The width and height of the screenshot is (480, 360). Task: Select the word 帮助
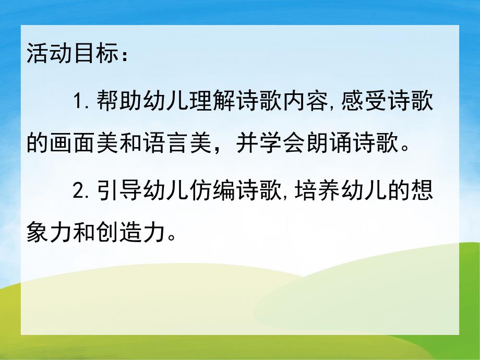coord(116,100)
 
